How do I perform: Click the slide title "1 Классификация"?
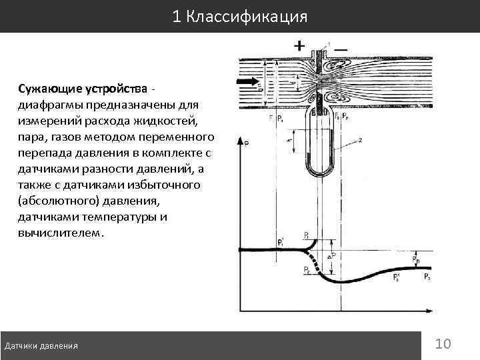pos(239,16)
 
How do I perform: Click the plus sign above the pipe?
pos(300,46)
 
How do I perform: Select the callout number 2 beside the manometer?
pos(359,139)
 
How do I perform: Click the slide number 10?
pos(443,343)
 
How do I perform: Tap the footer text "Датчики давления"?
pos(41,345)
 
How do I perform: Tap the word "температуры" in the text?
pos(121,217)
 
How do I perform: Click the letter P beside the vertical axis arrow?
pos(248,143)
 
